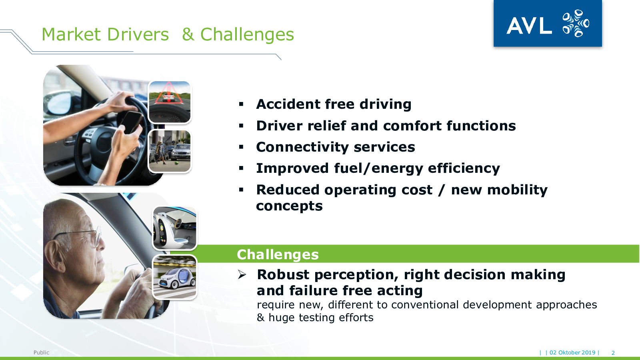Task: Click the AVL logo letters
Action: click(x=529, y=26)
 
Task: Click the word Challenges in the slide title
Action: click(x=247, y=35)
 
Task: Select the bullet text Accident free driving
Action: click(x=334, y=104)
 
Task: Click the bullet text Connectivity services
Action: click(x=336, y=147)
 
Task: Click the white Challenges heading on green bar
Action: click(x=278, y=254)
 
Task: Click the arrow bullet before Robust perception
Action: click(x=242, y=274)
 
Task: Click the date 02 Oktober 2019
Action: click(x=572, y=352)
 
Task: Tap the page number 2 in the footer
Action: click(x=613, y=353)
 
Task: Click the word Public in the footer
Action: click(x=42, y=352)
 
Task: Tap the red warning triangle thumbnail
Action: click(x=170, y=102)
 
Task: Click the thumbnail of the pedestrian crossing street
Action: click(x=170, y=151)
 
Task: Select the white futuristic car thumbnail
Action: click(x=174, y=277)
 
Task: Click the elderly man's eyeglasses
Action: click(x=83, y=235)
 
